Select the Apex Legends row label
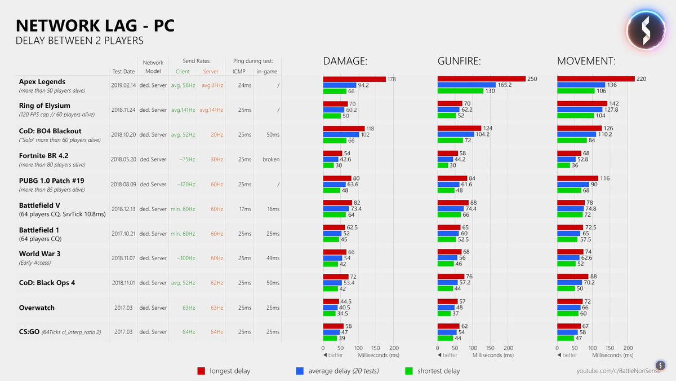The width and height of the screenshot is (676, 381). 42,82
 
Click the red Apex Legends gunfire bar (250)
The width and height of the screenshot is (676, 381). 482,79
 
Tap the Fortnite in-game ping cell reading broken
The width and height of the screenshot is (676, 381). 271,159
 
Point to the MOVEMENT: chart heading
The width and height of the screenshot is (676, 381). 586,62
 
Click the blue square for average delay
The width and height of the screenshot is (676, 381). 300,371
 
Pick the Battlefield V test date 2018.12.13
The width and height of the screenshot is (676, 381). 123,209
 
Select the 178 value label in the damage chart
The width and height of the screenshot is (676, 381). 393,80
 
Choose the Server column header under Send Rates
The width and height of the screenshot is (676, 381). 211,72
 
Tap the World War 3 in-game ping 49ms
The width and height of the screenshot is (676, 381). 273,258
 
